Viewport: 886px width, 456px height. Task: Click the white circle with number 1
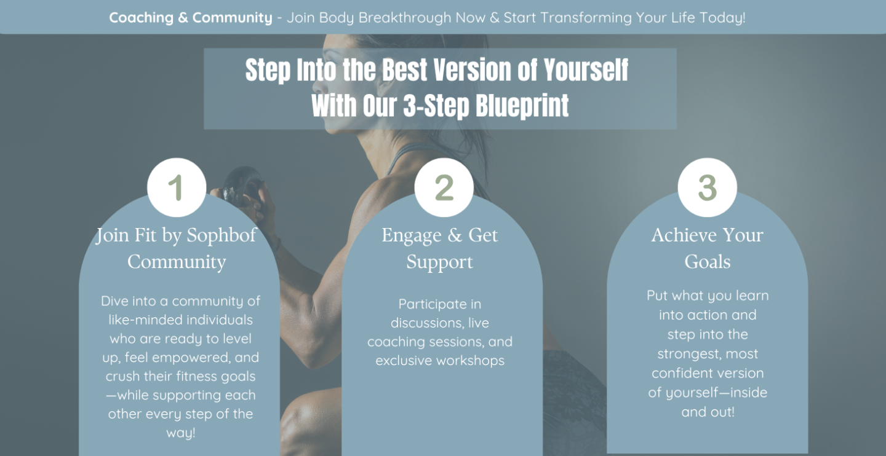(x=177, y=187)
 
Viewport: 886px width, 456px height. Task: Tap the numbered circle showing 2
(x=444, y=187)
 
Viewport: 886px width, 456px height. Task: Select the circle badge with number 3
(x=707, y=187)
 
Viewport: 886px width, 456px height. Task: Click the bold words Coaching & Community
(x=191, y=18)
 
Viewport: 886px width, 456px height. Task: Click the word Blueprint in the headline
(x=522, y=106)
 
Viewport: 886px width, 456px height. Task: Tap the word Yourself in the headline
(x=586, y=70)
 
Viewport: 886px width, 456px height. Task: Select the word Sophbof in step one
(x=221, y=235)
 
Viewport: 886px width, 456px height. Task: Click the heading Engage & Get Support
(x=439, y=248)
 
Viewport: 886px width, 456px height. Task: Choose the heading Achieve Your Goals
(x=707, y=248)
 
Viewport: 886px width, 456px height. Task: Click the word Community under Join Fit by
(x=177, y=262)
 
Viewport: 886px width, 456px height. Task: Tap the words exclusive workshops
(x=440, y=360)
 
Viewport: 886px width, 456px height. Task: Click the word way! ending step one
(x=181, y=433)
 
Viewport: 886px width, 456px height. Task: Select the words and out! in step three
(x=708, y=412)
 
